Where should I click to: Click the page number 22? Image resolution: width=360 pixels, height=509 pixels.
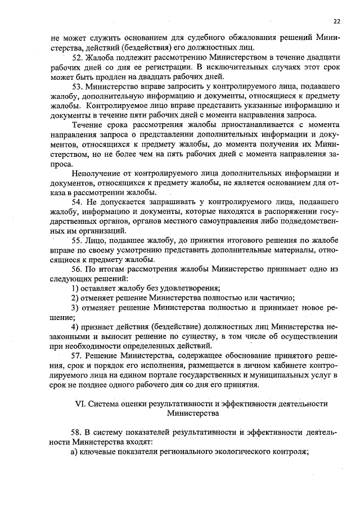click(337, 21)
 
